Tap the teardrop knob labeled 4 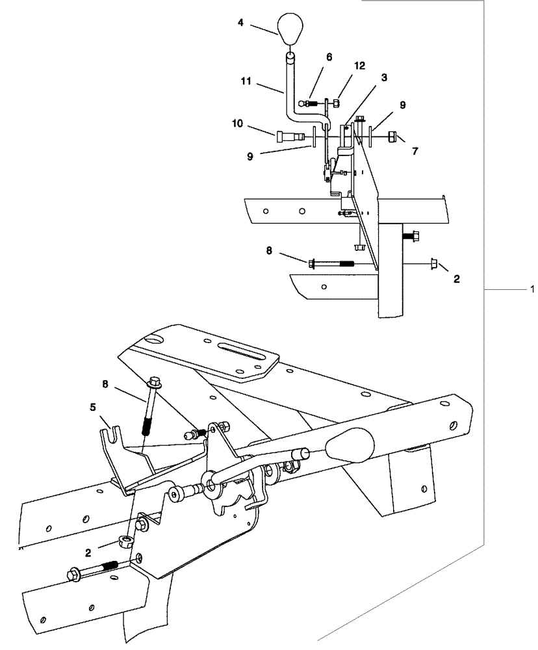tap(291, 27)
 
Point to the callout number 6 tap(329, 57)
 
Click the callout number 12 tap(359, 66)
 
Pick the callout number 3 tap(385, 77)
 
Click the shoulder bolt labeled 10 tap(288, 136)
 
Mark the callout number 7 tap(415, 151)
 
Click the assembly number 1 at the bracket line tap(532, 288)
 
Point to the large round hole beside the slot tap(153, 339)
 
